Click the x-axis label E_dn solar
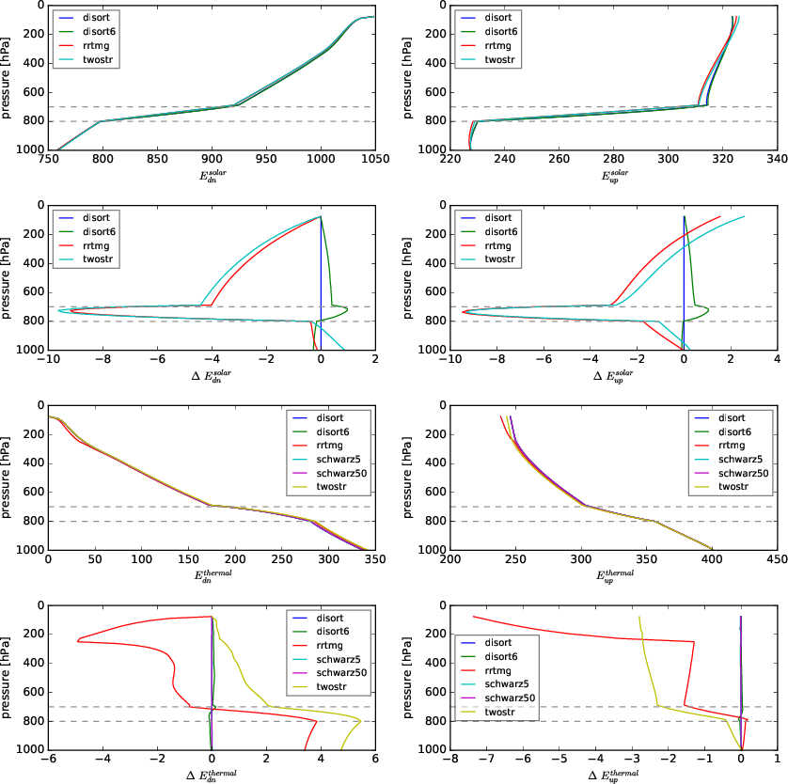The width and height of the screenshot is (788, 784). click(x=212, y=176)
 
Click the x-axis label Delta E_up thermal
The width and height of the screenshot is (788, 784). click(x=614, y=775)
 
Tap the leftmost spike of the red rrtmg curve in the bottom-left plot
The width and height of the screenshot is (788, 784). click(x=77, y=641)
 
